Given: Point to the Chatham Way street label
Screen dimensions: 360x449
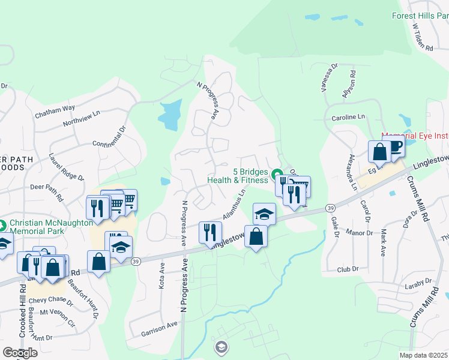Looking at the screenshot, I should (x=55, y=108).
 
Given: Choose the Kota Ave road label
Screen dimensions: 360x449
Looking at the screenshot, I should (x=162, y=275).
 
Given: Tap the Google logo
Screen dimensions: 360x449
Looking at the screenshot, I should (x=19, y=353).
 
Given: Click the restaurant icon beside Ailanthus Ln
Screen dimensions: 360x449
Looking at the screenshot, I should (x=210, y=232).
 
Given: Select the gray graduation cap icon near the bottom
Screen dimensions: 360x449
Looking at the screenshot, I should (x=221, y=347).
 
